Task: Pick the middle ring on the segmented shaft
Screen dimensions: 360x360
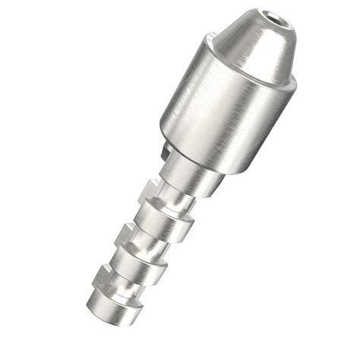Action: click(137, 267)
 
